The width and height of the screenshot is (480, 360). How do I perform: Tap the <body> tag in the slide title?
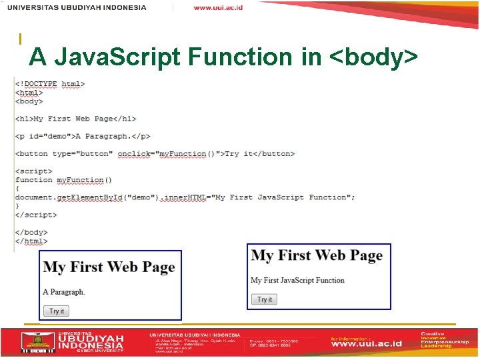tap(374, 57)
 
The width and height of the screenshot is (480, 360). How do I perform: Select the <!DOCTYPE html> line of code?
tap(50, 84)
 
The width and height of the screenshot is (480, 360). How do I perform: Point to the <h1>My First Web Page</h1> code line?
tap(75, 119)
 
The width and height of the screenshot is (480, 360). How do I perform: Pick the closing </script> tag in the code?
tap(36, 215)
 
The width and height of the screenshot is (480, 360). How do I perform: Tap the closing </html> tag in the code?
tap(31, 241)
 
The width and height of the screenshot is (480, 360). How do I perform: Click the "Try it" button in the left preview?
tap(57, 311)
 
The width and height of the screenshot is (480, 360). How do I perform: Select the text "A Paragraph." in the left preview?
tap(64, 292)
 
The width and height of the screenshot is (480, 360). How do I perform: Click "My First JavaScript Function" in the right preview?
tap(297, 280)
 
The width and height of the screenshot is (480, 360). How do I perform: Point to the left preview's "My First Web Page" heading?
tap(109, 267)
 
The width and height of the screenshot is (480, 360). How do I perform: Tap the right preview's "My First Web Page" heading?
tap(317, 256)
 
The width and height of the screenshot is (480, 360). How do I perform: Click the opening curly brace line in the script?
tap(17, 189)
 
